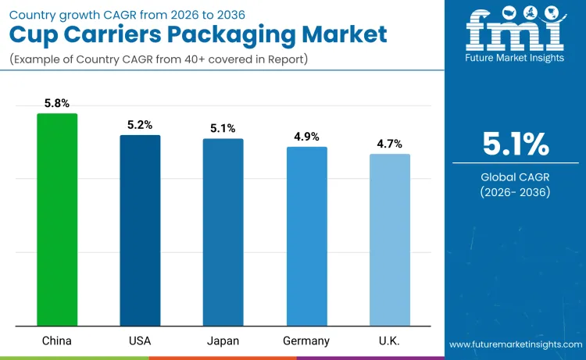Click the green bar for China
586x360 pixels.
point(57,219)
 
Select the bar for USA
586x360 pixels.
point(140,230)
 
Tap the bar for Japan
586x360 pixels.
point(223,232)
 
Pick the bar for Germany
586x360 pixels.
point(306,236)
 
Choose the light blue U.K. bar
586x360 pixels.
point(389,240)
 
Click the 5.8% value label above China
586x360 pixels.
point(57,103)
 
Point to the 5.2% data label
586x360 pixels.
point(140,125)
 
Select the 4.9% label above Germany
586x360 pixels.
point(306,137)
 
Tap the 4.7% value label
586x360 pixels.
point(389,144)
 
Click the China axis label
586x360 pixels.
point(57,340)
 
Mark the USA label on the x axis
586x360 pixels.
point(140,340)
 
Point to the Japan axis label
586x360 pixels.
point(223,340)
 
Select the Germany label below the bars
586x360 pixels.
point(306,340)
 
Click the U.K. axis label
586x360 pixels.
point(389,340)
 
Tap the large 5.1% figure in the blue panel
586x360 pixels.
point(515,144)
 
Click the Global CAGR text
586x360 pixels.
point(515,177)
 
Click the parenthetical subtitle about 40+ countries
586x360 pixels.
point(159,59)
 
